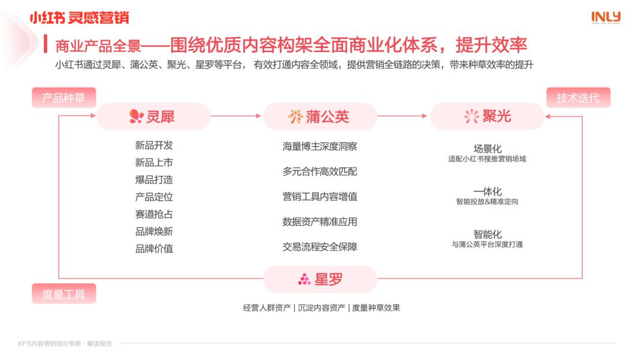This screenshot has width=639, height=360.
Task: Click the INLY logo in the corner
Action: click(x=606, y=17)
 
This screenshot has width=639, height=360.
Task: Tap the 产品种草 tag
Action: click(x=64, y=98)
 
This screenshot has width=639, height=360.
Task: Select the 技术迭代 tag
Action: click(x=578, y=98)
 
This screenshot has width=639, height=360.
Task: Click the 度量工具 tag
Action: click(x=64, y=294)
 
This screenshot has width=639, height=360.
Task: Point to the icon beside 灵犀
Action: click(x=136, y=117)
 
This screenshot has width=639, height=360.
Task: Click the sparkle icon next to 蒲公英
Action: click(x=295, y=117)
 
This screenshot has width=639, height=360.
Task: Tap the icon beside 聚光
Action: click(x=472, y=117)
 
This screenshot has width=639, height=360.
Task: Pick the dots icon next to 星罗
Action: click(x=305, y=279)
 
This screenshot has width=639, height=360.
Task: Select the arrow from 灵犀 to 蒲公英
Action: click(x=235, y=116)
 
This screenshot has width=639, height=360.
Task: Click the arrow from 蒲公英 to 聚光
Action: click(x=402, y=116)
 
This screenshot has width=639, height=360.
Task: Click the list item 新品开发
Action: click(x=154, y=145)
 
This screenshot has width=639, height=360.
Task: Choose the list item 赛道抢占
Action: click(x=154, y=214)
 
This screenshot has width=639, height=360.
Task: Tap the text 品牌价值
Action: click(x=154, y=249)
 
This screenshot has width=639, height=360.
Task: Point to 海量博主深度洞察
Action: click(x=320, y=146)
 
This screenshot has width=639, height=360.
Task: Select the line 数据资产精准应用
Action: click(x=320, y=222)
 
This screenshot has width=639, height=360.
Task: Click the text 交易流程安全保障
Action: click(x=320, y=247)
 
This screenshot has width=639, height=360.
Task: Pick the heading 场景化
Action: click(x=488, y=149)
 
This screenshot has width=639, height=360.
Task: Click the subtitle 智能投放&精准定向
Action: click(x=488, y=201)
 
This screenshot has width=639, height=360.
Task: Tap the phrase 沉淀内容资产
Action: click(x=321, y=308)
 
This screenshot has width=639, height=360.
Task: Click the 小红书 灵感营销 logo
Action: click(x=79, y=18)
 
